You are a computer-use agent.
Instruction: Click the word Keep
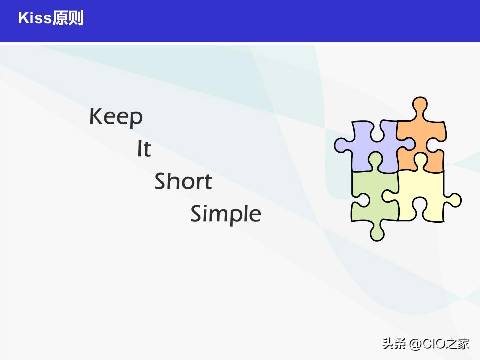click(116, 117)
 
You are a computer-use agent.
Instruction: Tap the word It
click(144, 149)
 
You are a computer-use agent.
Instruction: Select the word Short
click(183, 181)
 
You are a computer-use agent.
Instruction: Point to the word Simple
click(225, 214)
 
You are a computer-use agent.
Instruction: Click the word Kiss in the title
click(35, 19)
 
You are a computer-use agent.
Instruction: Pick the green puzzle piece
click(372, 197)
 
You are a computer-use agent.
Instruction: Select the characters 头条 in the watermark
click(394, 344)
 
